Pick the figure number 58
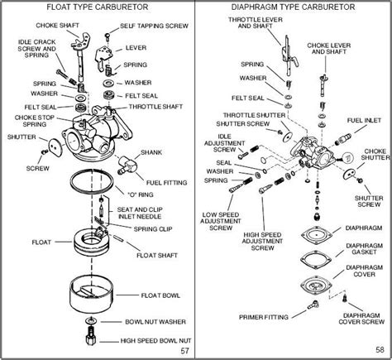[x=377, y=351]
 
